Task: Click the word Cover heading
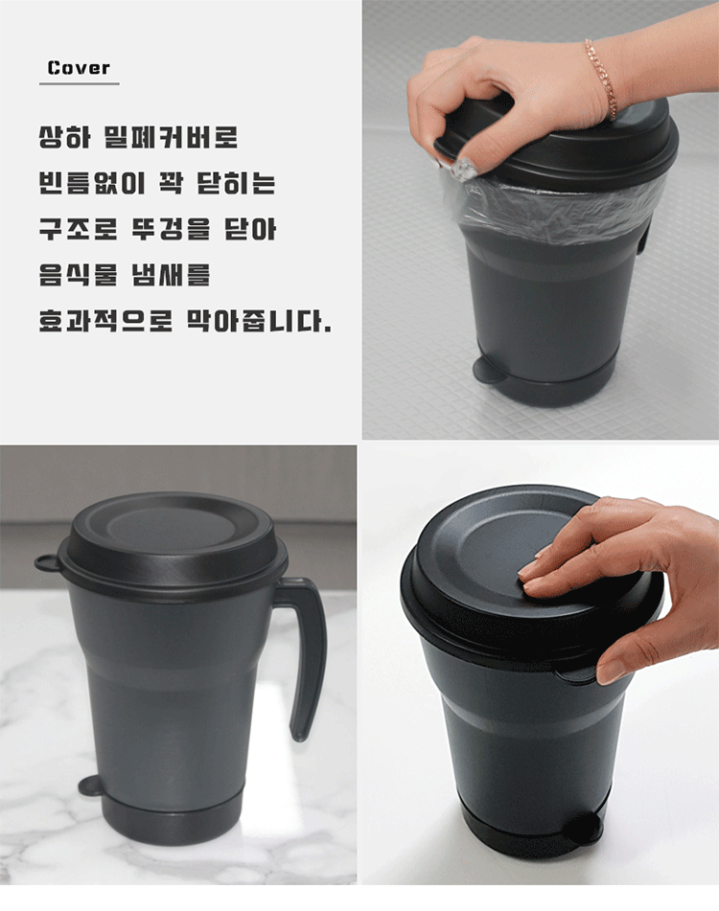point(79,68)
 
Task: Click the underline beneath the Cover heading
point(79,83)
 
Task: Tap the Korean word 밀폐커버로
point(171,138)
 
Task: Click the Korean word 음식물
point(78,274)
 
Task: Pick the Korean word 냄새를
point(171,274)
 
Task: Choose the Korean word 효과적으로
point(105,320)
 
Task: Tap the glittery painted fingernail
point(465,167)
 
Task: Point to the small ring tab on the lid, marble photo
point(47,561)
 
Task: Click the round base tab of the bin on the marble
point(90,786)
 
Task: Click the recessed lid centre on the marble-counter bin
point(172,530)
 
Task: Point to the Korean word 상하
point(64,138)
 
